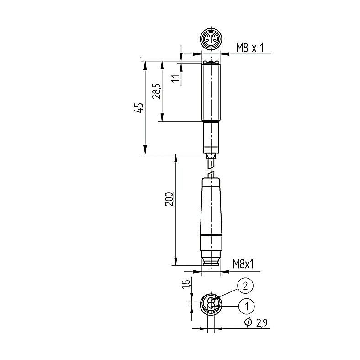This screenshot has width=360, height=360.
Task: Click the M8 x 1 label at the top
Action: [x=250, y=48]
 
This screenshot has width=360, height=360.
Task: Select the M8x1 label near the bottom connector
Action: [x=243, y=264]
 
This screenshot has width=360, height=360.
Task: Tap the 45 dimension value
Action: [x=139, y=107]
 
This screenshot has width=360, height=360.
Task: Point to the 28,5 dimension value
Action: [x=157, y=91]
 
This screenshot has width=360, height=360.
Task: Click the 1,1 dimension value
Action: [x=176, y=78]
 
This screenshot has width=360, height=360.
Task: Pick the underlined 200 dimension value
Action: [x=169, y=199]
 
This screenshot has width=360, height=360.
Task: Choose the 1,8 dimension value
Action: [x=186, y=284]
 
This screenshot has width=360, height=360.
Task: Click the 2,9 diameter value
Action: [x=261, y=323]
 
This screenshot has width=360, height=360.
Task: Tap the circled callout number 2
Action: [x=245, y=286]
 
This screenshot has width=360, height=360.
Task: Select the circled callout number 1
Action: [x=247, y=306]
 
